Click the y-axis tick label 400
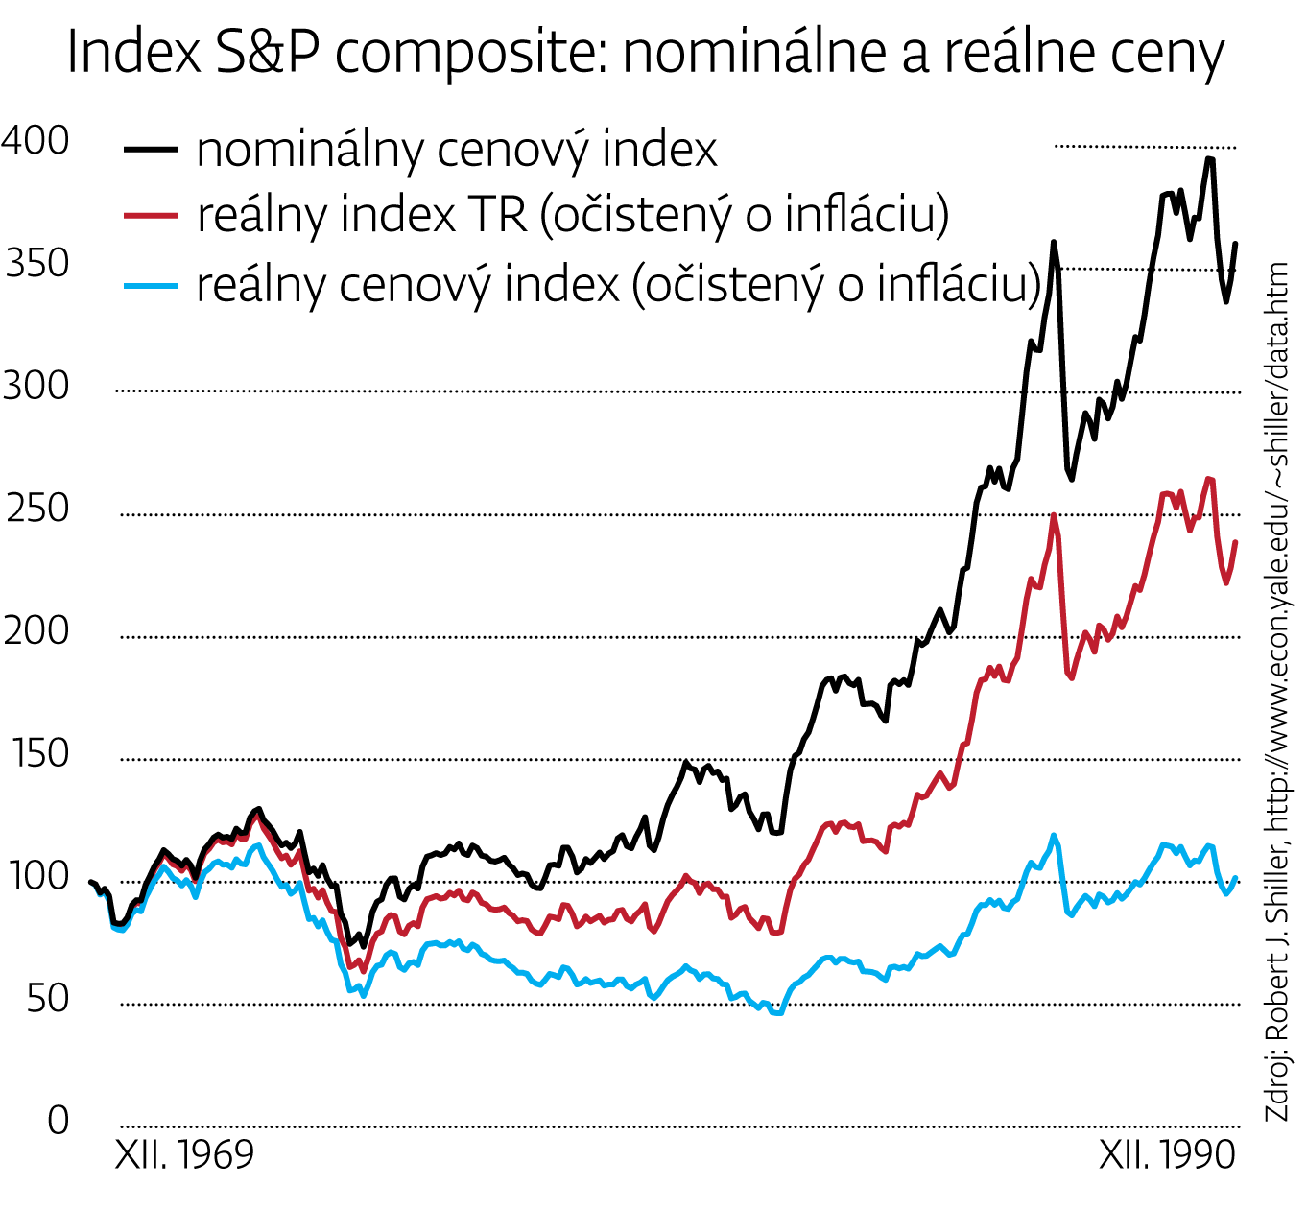(36, 141)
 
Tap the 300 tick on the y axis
(36, 387)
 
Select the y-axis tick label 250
(37, 510)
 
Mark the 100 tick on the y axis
(37, 877)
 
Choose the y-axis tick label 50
(48, 1000)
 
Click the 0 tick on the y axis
(58, 1121)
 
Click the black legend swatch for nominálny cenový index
(151, 149)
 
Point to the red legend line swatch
(151, 216)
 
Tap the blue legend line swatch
(151, 285)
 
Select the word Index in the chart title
(134, 53)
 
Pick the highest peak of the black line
(1209, 158)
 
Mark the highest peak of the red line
(1209, 479)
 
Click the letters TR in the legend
(496, 215)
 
